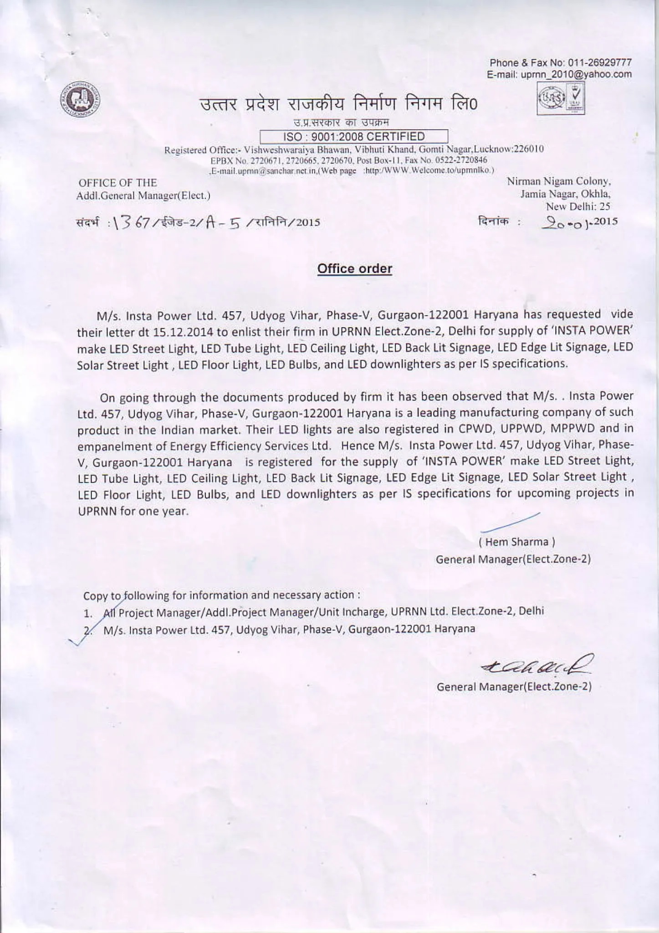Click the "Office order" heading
point(354,269)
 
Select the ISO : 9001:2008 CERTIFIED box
point(354,137)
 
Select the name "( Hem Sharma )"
point(516,542)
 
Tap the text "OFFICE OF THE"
point(118,183)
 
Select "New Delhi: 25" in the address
point(578,206)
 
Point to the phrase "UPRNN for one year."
point(133,511)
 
